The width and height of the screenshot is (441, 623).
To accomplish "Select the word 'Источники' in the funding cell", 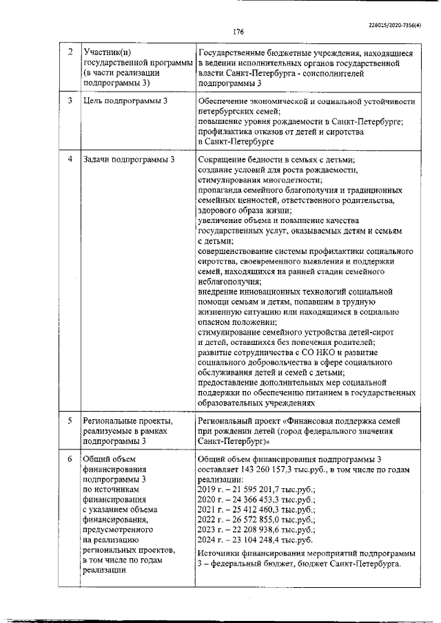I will click(218, 553).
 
